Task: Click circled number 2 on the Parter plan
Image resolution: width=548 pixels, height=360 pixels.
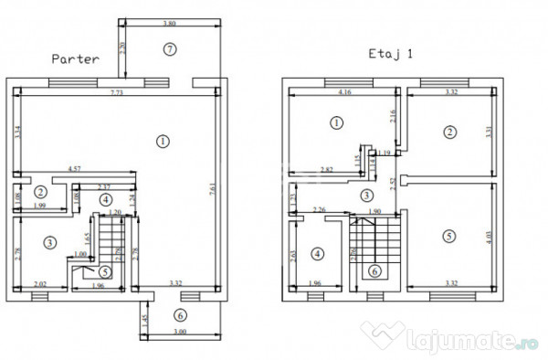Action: [41, 192]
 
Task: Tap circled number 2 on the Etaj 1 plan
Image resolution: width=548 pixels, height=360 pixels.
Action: [448, 132]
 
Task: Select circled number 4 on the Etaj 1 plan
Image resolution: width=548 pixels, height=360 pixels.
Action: [317, 253]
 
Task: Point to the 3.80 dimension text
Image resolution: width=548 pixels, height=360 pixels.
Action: [169, 23]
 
